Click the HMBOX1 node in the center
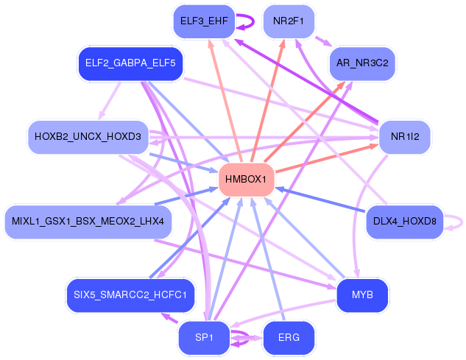pyautogui.click(x=246, y=179)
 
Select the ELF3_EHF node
pyautogui.click(x=204, y=21)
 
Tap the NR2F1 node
pyautogui.click(x=289, y=21)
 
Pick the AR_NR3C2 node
pyautogui.click(x=362, y=63)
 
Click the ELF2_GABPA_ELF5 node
pyautogui.click(x=130, y=63)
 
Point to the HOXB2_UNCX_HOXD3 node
pyautogui.click(x=88, y=137)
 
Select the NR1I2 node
pyautogui.click(x=405, y=137)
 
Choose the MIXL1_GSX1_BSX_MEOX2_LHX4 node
pyautogui.click(x=88, y=222)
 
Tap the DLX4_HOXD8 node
pyautogui.click(x=405, y=222)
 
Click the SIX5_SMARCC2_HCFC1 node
pyautogui.click(x=130, y=295)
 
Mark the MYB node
pyautogui.click(x=362, y=295)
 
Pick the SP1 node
pyautogui.click(x=204, y=338)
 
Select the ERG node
pyautogui.click(x=289, y=338)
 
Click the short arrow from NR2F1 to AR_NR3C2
pyautogui.click(x=323, y=41)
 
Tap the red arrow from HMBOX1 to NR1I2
pyautogui.click(x=327, y=158)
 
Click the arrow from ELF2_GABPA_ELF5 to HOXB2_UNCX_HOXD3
pyautogui.click(x=110, y=100)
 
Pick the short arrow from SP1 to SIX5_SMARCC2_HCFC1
pyautogui.click(x=169, y=318)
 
